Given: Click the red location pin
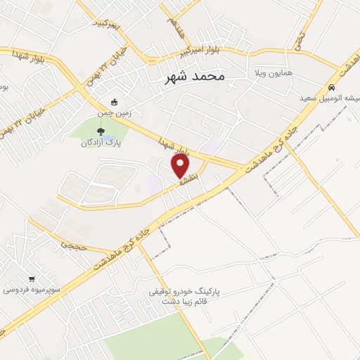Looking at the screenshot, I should tap(180, 166).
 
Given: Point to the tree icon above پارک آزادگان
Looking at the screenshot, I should tap(101, 131).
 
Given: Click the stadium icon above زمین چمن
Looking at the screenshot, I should tap(115, 101).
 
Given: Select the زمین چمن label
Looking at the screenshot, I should tap(115, 112).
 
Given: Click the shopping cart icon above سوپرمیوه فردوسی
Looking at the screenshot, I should tap(32, 278).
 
